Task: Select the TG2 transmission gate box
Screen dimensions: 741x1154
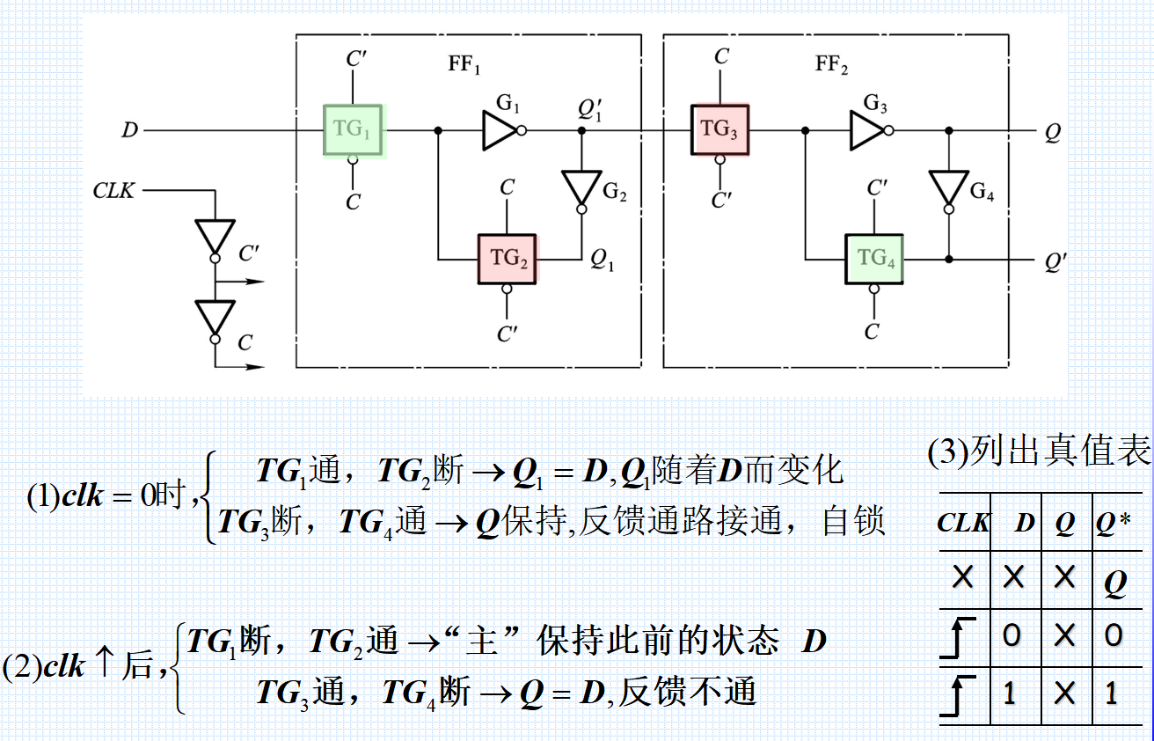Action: (508, 260)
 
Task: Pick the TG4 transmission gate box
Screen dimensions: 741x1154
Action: (874, 260)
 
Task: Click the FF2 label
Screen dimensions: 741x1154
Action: (831, 67)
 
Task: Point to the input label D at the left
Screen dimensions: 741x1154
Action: (129, 131)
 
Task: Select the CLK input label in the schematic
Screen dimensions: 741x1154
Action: (114, 190)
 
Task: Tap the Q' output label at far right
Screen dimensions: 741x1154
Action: (1055, 260)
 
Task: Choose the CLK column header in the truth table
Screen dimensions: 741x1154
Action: (963, 523)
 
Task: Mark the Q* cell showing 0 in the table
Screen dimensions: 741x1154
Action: (1114, 636)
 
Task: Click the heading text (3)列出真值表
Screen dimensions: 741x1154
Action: (1039, 451)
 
